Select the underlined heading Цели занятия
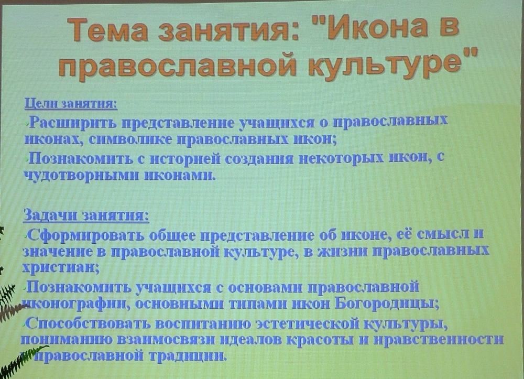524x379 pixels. coord(71,104)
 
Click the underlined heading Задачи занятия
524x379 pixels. coord(86,215)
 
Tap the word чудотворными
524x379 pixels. coord(82,175)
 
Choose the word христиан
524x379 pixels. coord(61,268)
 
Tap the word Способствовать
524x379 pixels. coord(88,323)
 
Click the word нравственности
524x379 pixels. coord(439,339)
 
